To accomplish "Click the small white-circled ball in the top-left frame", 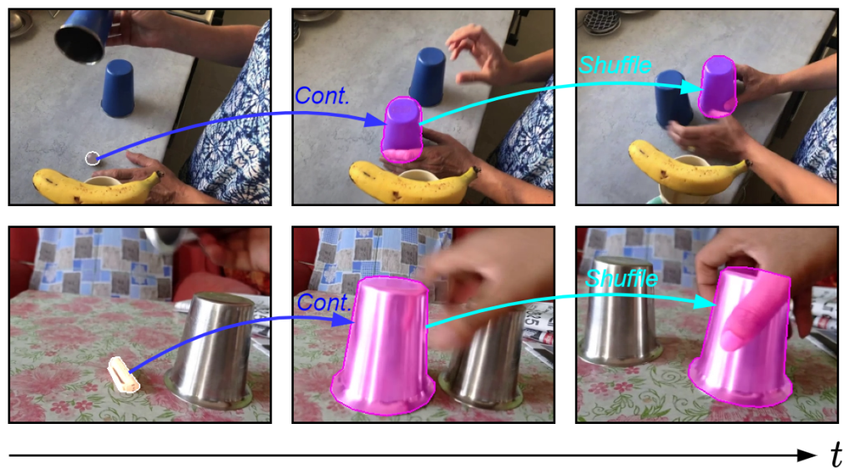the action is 92,158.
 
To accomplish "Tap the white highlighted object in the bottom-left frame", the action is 124,375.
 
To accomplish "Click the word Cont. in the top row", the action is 321,96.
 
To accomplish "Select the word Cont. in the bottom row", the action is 324,303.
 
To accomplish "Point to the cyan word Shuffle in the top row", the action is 615,65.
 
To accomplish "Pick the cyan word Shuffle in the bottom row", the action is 621,279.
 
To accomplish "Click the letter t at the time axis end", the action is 836,454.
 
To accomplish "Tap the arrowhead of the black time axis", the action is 807,455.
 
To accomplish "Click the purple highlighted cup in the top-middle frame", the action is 402,129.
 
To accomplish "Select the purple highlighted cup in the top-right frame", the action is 717,87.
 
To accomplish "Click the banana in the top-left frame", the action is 96,186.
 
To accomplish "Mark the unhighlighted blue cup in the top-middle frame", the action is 427,77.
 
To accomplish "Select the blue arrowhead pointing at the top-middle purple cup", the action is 375,119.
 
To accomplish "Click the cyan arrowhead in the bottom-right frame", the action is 705,302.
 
